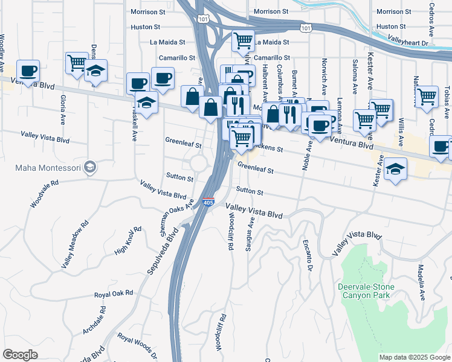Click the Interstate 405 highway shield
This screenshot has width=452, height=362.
point(208,202)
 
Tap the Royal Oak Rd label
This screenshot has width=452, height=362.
point(113,295)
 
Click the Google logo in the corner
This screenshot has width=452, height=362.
point(20,355)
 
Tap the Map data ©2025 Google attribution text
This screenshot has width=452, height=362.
point(415,357)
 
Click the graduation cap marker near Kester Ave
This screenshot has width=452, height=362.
point(395,169)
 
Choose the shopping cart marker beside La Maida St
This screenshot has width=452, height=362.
point(243,41)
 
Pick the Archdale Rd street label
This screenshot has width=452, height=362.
point(93,321)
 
